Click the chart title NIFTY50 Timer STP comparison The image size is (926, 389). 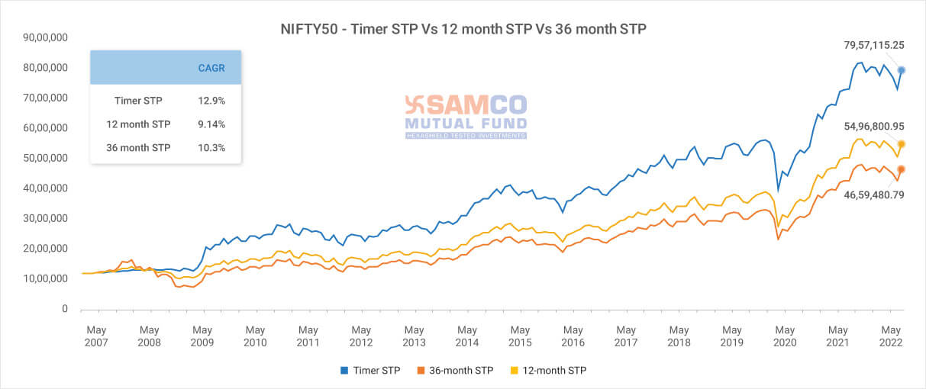pyautogui.click(x=463, y=30)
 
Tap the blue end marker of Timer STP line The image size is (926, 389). pyautogui.click(x=902, y=70)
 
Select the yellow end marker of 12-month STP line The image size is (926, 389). pyautogui.click(x=902, y=144)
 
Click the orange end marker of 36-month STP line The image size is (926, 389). pyautogui.click(x=902, y=169)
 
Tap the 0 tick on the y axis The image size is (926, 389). pyautogui.click(x=65, y=309)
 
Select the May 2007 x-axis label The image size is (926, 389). pyautogui.click(x=96, y=336)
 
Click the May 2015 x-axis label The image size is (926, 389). pyautogui.click(x=520, y=336)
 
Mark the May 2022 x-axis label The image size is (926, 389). pyautogui.click(x=890, y=336)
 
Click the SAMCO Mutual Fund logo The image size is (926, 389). pyautogui.click(x=465, y=116)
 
